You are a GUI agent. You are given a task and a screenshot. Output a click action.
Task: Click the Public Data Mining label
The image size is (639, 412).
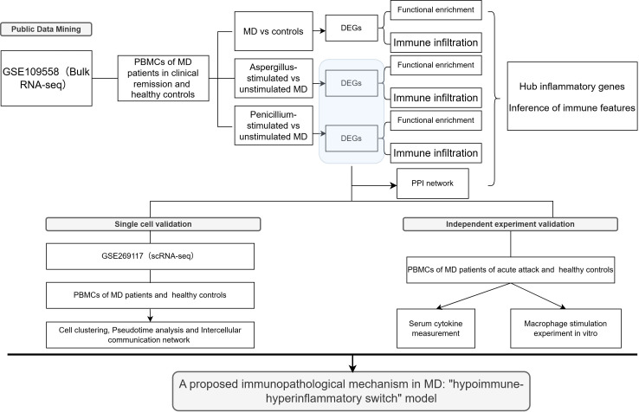46,29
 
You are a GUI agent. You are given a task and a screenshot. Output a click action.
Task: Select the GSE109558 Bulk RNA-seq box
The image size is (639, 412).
47,78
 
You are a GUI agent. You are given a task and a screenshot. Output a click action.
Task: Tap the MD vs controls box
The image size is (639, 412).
274,31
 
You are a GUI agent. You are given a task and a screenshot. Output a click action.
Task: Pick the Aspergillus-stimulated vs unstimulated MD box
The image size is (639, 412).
274,78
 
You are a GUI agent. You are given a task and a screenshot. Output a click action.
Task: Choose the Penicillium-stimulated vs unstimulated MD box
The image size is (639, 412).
274,126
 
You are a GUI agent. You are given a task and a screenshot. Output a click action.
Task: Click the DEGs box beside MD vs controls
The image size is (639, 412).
352,28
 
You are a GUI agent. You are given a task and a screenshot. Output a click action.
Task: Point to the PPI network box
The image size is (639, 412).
433,183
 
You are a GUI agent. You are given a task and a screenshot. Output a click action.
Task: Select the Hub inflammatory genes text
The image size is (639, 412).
571,87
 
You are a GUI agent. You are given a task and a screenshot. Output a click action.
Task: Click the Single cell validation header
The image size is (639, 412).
153,224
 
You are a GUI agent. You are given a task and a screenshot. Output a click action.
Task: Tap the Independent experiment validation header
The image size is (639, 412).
510,224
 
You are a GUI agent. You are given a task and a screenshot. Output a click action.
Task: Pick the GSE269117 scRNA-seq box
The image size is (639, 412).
151,256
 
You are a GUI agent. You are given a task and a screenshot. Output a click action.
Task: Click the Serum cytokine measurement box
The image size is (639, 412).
436,328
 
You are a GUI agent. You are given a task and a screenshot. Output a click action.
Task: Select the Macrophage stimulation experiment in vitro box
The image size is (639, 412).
565,328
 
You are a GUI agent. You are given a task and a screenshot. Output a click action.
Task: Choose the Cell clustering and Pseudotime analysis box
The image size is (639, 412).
151,335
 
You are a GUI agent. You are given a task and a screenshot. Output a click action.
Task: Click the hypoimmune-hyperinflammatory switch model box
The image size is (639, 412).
352,391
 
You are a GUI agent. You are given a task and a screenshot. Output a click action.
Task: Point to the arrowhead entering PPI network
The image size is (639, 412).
394,186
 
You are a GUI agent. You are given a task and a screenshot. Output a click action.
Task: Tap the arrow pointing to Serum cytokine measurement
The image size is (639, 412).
474,296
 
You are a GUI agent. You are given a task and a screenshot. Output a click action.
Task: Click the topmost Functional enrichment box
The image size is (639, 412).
436,10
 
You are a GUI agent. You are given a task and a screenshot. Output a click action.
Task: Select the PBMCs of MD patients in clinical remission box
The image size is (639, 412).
164,78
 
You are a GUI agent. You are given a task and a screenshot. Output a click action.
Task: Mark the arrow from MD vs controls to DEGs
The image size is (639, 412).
319,31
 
